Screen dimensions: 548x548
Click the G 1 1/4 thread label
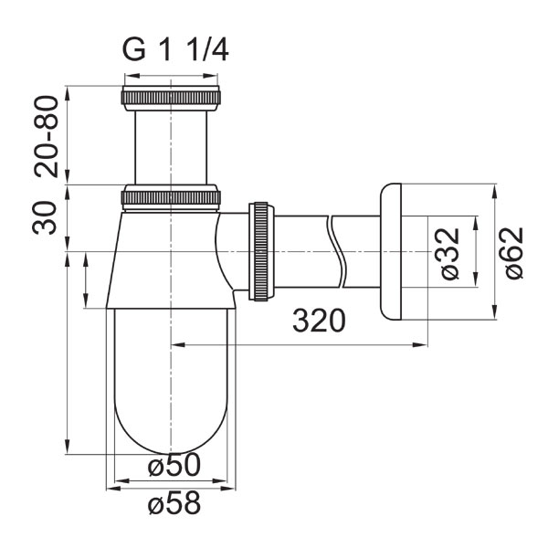pyautogui.click(x=175, y=50)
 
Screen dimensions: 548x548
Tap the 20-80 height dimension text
pyautogui.click(x=47, y=136)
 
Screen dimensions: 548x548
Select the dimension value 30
pyautogui.click(x=45, y=217)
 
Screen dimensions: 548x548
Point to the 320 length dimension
pyautogui.click(x=319, y=321)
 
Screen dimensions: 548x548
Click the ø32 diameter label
pyautogui.click(x=450, y=253)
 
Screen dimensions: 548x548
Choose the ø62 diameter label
pyautogui.click(x=514, y=253)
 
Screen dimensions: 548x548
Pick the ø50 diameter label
pyautogui.click(x=174, y=465)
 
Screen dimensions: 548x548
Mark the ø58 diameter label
pyautogui.click(x=174, y=502)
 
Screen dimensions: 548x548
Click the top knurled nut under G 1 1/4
pyautogui.click(x=171, y=98)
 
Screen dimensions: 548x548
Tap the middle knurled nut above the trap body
pyautogui.click(x=171, y=198)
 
